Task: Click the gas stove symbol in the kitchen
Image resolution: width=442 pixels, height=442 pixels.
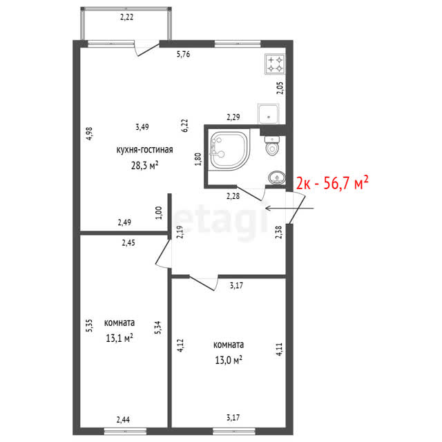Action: click(x=275, y=64)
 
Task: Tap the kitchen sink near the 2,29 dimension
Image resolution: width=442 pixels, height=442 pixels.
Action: click(x=269, y=114)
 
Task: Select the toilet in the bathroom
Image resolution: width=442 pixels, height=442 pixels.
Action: click(x=272, y=146)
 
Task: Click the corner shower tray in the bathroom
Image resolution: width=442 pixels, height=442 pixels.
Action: click(x=229, y=151)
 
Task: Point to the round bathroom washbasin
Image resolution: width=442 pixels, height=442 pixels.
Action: click(x=277, y=178)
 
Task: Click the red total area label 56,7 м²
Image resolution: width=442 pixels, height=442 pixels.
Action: click(x=332, y=182)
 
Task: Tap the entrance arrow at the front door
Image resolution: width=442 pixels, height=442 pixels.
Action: click(x=289, y=209)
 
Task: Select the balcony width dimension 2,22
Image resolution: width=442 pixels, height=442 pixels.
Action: click(x=126, y=17)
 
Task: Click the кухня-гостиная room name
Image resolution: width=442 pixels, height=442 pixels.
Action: click(x=144, y=150)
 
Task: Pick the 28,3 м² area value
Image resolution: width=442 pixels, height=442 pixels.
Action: click(x=144, y=165)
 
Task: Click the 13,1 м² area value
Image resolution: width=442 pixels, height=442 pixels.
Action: click(x=119, y=338)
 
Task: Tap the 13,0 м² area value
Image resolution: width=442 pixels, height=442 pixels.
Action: click(x=229, y=360)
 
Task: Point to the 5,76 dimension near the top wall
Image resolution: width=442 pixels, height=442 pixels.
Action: click(x=183, y=54)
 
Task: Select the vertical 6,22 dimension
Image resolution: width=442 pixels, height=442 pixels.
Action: click(x=184, y=126)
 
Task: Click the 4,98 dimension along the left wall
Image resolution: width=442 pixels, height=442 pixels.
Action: click(x=89, y=133)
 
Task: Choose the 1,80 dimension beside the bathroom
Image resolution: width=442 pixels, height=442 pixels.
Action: click(x=198, y=159)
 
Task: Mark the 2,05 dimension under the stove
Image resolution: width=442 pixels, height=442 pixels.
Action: click(x=280, y=88)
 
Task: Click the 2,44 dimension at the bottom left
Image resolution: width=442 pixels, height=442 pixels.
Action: click(x=123, y=420)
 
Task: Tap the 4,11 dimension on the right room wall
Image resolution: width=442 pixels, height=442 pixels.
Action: click(x=279, y=349)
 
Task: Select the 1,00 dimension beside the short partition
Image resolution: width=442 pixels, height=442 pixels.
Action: click(x=159, y=213)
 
